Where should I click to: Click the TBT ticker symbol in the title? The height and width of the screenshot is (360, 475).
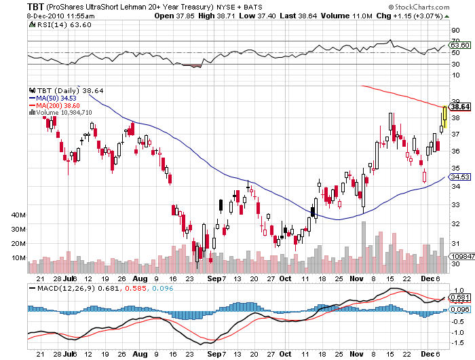pyautogui.click(x=36, y=6)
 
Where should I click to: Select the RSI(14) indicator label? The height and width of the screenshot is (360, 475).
pyautogui.click(x=54, y=25)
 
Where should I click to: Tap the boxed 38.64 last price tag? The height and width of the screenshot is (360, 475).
pyautogui.click(x=461, y=107)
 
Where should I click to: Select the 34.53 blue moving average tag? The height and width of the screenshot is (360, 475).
pyautogui.click(x=461, y=177)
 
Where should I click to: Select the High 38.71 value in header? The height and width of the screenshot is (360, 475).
pyautogui.click(x=192, y=14)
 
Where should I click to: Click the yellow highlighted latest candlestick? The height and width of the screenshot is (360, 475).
pyautogui.click(x=444, y=118)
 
